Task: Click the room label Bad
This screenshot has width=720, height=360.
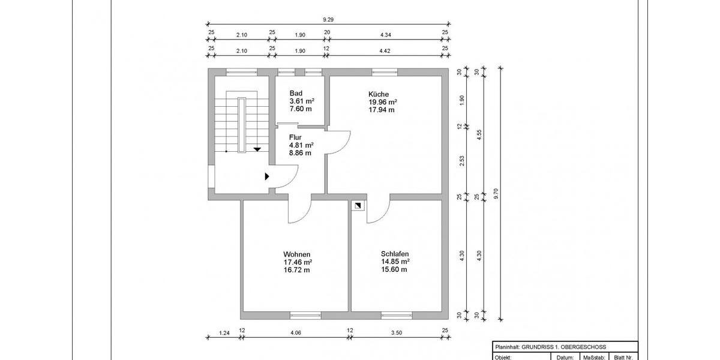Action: (296, 94)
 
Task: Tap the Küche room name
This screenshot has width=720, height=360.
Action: (379, 94)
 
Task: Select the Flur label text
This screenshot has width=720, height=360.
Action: (295, 137)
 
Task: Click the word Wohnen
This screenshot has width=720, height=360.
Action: (296, 254)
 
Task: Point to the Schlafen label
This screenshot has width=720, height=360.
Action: (395, 254)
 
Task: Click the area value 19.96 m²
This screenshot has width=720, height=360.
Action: (383, 102)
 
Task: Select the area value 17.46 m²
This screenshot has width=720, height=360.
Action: (298, 262)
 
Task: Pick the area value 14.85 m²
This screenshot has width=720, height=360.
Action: (395, 262)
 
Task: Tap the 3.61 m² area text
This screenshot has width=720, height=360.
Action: (302, 101)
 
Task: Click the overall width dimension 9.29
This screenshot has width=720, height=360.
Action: (328, 19)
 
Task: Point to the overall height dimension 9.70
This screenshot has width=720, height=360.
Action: (496, 193)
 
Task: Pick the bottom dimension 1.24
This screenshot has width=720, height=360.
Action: (224, 332)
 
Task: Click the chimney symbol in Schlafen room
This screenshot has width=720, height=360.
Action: (358, 206)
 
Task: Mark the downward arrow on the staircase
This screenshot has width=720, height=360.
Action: (257, 149)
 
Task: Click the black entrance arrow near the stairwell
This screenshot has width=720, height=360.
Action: (267, 176)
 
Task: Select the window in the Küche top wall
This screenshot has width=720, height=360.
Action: (384, 73)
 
